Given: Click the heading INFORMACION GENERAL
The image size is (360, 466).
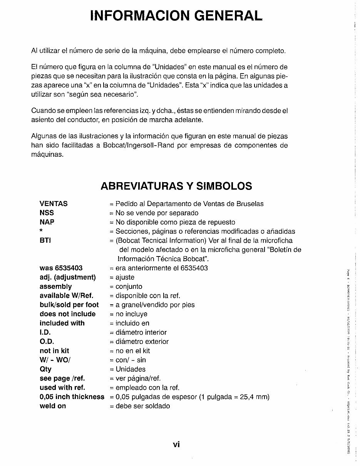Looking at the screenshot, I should tap(176, 15).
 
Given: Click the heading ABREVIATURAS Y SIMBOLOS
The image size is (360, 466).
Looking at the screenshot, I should tap(176, 186).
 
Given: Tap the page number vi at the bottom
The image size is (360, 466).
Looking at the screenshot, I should tap(176, 444).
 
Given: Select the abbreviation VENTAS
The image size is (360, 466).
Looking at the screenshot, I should tap(54, 204).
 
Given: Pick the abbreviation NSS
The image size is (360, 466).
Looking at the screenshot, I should tap(47, 213).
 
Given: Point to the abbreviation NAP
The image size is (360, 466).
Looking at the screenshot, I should tap(47, 222).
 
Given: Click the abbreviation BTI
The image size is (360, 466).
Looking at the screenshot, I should tap(45, 241).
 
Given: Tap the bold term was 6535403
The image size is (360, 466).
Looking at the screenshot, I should tap(61, 268).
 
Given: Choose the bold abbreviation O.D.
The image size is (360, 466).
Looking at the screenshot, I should tap(47, 342).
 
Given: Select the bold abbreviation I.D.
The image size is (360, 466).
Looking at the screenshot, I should tap(45, 332).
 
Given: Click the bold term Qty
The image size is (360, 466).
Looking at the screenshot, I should tap(45, 369).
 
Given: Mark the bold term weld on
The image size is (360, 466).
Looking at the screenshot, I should tap(53, 406).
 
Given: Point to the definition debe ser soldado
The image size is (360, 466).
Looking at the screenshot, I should tap(142, 406).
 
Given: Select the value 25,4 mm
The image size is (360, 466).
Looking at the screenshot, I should tap(255, 397).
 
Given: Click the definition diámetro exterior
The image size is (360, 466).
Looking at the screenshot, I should tap(142, 342).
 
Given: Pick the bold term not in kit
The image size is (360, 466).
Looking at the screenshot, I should tap(54, 351).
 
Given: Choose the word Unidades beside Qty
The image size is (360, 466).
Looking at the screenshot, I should tap(131, 369).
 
